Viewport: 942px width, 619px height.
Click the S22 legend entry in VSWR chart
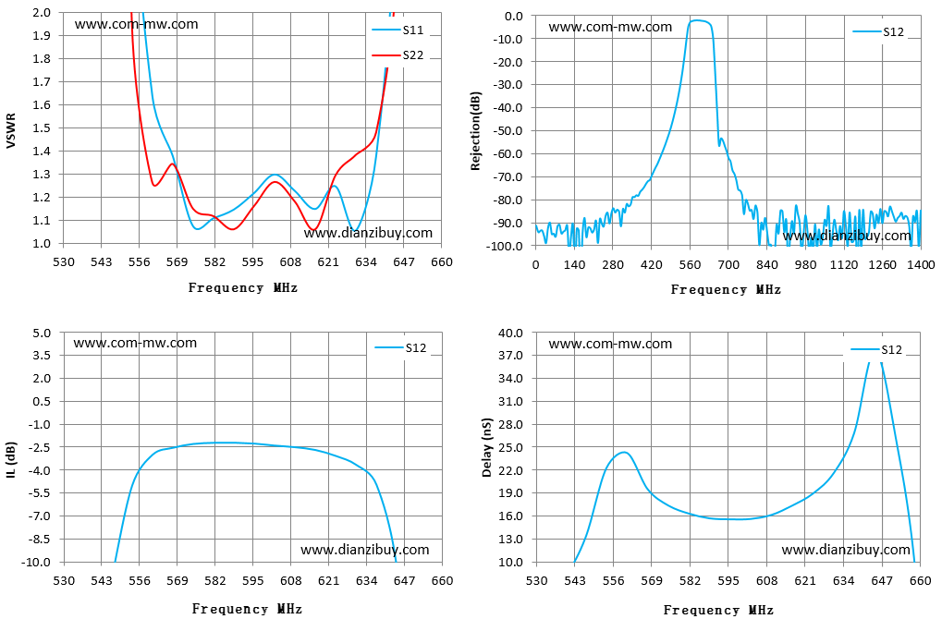click(398, 55)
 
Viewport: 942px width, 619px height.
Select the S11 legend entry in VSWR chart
click(398, 30)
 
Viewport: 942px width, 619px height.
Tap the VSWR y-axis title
click(11, 130)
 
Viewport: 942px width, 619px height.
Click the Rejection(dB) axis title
click(476, 131)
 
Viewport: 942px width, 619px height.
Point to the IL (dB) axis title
click(11, 460)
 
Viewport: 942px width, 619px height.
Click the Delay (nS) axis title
click(486, 447)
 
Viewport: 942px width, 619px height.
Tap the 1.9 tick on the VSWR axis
click(42, 35)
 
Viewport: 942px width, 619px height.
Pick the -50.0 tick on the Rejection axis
click(508, 130)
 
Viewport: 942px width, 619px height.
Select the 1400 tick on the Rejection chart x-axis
click(921, 265)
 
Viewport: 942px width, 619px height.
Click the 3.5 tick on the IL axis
click(42, 356)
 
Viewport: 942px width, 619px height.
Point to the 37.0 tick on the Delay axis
click(512, 356)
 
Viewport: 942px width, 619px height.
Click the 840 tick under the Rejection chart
click(767, 265)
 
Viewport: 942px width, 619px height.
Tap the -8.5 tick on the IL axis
click(41, 540)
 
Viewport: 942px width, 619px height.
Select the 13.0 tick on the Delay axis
click(512, 540)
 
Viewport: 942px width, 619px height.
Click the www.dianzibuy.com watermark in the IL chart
click(364, 550)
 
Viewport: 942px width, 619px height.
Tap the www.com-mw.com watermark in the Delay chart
click(610, 344)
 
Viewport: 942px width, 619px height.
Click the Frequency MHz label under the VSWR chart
click(243, 287)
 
